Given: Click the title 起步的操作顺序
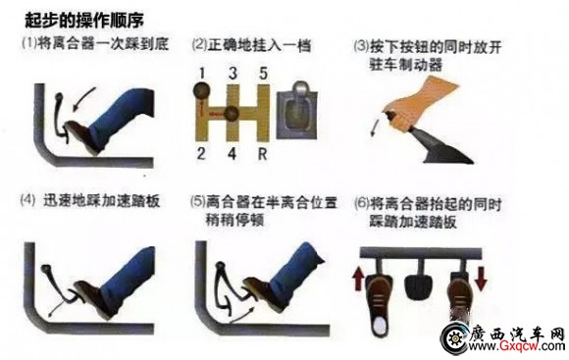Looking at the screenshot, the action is click(x=83, y=20).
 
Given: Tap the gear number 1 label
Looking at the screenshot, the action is click(x=202, y=74).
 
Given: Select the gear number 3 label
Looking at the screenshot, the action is click(x=233, y=74).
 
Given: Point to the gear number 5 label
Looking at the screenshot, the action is click(x=263, y=74).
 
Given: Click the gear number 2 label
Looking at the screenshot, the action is click(x=201, y=154).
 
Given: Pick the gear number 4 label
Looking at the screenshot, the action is click(x=233, y=154).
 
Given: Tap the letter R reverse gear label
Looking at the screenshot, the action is click(x=262, y=154).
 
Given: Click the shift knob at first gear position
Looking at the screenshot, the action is click(x=201, y=91).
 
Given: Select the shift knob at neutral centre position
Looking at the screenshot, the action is click(x=232, y=115).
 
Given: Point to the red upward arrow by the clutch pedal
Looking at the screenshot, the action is click(x=358, y=279).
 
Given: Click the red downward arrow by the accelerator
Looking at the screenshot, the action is click(x=481, y=279).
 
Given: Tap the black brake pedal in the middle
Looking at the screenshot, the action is click(x=418, y=286).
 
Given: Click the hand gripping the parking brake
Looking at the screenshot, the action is click(x=420, y=103).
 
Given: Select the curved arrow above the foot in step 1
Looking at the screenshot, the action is click(x=83, y=99).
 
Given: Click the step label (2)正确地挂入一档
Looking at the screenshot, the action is click(x=251, y=46).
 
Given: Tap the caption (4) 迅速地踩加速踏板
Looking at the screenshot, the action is click(x=90, y=201).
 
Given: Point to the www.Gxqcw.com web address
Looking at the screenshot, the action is click(x=516, y=346).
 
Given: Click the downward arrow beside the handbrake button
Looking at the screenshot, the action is click(x=375, y=126).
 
